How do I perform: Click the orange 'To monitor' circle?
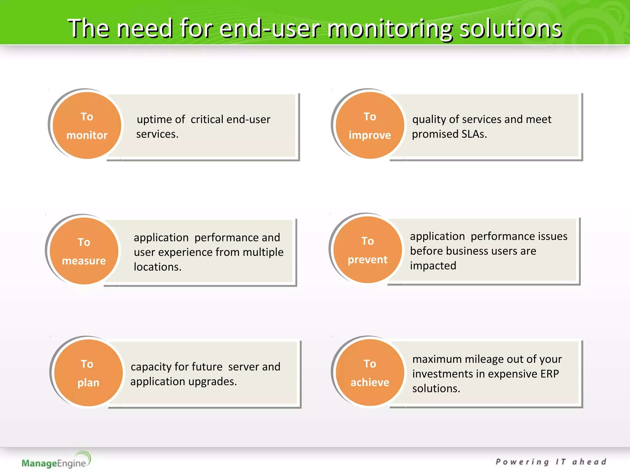click(87, 126)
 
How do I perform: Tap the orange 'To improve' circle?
click(370, 126)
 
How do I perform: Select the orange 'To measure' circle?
click(84, 251)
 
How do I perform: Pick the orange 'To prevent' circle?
click(368, 250)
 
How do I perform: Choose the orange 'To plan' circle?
click(88, 373)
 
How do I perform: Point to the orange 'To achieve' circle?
click(370, 373)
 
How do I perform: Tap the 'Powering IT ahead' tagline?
click(551, 462)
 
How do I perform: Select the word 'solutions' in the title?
click(511, 29)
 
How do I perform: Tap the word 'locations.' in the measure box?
click(157, 267)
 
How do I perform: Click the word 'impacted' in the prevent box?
click(433, 266)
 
